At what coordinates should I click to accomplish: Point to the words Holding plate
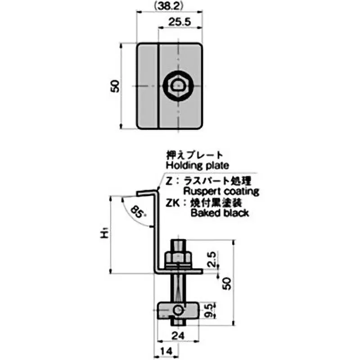[197, 165]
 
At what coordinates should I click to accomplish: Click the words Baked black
[220, 213]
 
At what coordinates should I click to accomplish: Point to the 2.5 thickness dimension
[214, 260]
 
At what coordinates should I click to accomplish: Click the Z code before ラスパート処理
[168, 181]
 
